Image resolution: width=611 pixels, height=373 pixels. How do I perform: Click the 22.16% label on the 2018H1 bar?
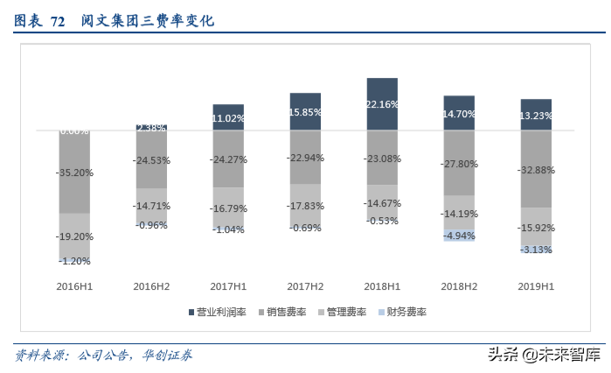pyautogui.click(x=382, y=104)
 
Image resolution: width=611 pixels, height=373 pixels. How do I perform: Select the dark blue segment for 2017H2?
pyautogui.click(x=305, y=112)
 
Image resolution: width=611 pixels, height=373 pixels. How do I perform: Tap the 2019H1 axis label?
pyautogui.click(x=536, y=286)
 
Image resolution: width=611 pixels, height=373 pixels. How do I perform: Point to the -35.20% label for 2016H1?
pyautogui.click(x=74, y=173)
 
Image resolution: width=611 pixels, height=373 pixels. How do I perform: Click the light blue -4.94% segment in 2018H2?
pyautogui.click(x=459, y=236)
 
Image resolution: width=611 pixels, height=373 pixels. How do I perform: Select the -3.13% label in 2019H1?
pyautogui.click(x=536, y=250)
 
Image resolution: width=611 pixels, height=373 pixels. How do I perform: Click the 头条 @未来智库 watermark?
pyautogui.click(x=543, y=355)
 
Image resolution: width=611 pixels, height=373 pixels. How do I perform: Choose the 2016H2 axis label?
pyautogui.click(x=151, y=286)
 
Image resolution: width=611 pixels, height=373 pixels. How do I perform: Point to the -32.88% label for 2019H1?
pyautogui.click(x=536, y=170)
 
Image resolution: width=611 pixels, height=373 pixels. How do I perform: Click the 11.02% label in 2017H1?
pyautogui.click(x=228, y=118)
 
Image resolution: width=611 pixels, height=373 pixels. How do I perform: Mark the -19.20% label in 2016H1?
pyautogui.click(x=74, y=236)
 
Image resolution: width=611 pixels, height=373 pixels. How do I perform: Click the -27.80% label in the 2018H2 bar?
pyautogui.click(x=459, y=164)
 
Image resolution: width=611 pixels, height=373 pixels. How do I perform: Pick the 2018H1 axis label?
pyautogui.click(x=382, y=286)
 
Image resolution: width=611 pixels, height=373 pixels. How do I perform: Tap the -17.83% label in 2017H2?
pyautogui.click(x=305, y=206)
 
